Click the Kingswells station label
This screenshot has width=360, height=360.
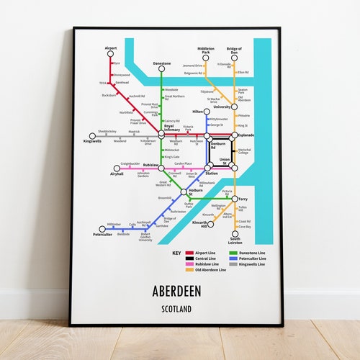[x=92, y=141]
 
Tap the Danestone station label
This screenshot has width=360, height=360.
[x=162, y=63]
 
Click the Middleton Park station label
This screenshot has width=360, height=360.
[x=206, y=51]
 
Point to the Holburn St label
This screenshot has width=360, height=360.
[x=196, y=194]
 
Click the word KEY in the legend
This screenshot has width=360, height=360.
[x=176, y=253]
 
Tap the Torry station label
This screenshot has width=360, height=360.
[x=243, y=199]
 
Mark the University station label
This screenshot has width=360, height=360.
[x=222, y=107]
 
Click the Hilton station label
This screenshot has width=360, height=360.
[x=199, y=112]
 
